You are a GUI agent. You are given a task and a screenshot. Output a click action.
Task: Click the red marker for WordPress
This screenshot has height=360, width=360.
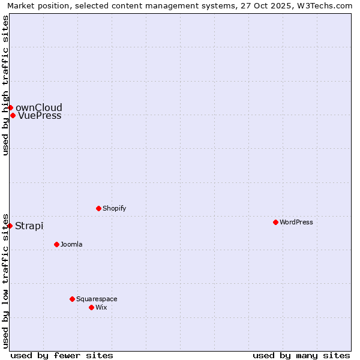[275, 222]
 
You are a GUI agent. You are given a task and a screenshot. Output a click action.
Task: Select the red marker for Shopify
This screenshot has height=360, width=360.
[98, 208]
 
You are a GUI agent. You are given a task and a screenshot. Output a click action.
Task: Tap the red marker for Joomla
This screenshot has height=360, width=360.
[56, 244]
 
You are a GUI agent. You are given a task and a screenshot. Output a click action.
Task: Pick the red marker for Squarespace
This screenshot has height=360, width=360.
[72, 299]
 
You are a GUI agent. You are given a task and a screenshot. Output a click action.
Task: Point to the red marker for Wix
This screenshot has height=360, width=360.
[91, 307]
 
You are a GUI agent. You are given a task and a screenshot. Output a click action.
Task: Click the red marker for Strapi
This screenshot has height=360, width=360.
[10, 226]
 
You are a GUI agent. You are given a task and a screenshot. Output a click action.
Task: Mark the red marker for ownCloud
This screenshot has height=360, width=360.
[10, 107]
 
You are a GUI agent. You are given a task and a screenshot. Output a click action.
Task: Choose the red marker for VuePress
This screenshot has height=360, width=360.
[13, 115]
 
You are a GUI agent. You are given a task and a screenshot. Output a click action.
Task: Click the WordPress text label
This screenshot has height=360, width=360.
[296, 223]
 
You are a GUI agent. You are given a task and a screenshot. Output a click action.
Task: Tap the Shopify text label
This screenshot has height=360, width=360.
[115, 209]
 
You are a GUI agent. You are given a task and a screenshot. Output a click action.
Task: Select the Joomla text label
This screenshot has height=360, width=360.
[71, 245]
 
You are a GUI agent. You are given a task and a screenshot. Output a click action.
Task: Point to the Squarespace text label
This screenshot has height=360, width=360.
[97, 299]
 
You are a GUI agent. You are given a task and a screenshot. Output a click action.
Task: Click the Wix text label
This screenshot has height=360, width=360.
[101, 308]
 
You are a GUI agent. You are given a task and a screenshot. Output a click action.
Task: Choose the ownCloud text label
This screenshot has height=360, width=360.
[39, 108]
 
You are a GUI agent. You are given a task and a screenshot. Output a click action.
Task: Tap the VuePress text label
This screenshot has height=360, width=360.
[40, 116]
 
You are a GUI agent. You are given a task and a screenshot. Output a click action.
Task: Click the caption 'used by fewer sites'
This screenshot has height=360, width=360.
[62, 356]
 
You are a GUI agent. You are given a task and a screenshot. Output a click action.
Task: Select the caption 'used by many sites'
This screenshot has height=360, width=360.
[301, 356]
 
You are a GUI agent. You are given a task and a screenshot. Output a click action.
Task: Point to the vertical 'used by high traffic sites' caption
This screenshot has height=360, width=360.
[5, 85]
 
